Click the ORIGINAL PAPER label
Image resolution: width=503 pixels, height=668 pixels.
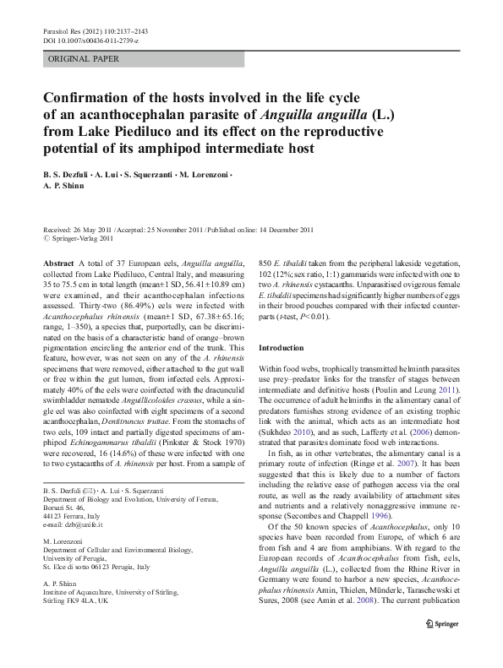click(x=84, y=59)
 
